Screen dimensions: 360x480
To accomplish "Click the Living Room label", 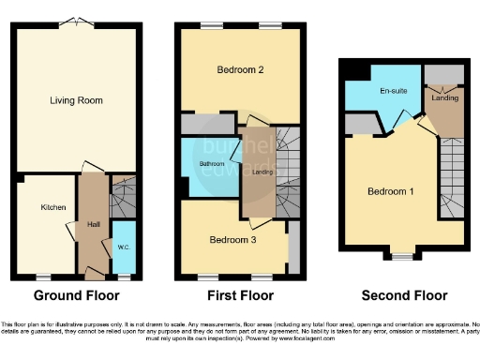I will pos(77,100).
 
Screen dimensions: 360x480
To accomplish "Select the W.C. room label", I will pos(123,247).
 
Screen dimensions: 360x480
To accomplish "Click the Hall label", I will pos(94,224).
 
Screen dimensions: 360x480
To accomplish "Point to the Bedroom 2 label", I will pos(239,69).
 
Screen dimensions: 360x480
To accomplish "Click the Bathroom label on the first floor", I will pos(211,164).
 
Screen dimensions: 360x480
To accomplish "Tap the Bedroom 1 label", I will pos(390,191).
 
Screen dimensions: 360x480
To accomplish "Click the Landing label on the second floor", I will pos(443,97).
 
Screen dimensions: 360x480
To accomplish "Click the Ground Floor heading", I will pos(77,295).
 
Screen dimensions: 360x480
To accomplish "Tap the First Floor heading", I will pos(240,295).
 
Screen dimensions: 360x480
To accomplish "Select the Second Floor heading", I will pos(403,295).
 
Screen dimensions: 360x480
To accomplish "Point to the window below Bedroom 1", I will pos(404,254).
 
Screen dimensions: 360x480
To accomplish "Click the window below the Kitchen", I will pos(42,277).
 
